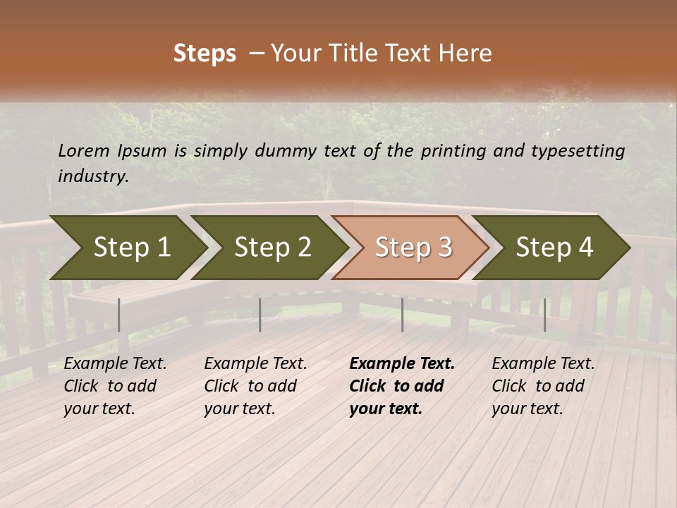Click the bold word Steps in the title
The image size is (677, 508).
pos(205,54)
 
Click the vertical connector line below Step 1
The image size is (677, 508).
pos(119,315)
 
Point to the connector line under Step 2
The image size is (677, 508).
pos(260,315)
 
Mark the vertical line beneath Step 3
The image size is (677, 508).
pos(402,315)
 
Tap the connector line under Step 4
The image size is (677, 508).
pos(544,315)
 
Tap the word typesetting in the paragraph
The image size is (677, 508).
pos(578,151)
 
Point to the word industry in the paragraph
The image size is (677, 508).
pos(93,176)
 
